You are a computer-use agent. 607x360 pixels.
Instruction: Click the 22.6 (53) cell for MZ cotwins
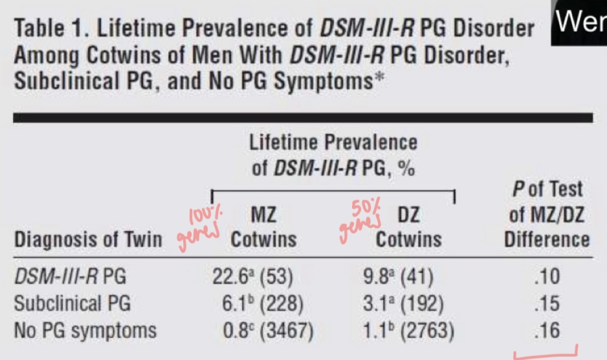tap(253, 276)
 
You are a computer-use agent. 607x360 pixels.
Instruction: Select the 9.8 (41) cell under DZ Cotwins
tap(399, 276)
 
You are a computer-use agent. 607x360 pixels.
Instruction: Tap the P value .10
tap(547, 277)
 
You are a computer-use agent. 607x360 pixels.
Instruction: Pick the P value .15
tap(547, 303)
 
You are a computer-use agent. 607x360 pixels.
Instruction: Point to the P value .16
tap(547, 330)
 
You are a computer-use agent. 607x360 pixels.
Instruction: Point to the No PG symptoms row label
tap(85, 330)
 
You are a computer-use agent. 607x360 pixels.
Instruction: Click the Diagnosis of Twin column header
tap(88, 240)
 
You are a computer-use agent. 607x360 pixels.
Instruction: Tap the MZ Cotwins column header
tap(263, 227)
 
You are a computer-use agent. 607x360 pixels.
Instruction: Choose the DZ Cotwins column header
tap(408, 227)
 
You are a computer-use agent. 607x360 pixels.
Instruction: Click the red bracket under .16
tap(545, 354)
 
